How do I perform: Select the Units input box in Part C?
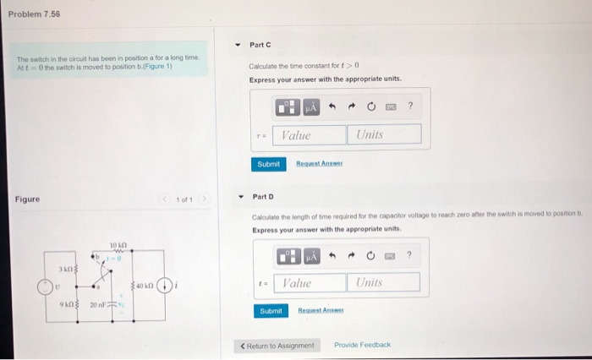[x=383, y=134]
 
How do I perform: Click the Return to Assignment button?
[x=278, y=345]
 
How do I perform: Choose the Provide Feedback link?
[x=362, y=345]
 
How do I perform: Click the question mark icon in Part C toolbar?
[x=410, y=106]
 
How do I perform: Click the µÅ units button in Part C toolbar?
[x=310, y=107]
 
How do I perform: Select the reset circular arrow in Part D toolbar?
[x=370, y=254]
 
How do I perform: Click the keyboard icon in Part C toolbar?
[x=390, y=106]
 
